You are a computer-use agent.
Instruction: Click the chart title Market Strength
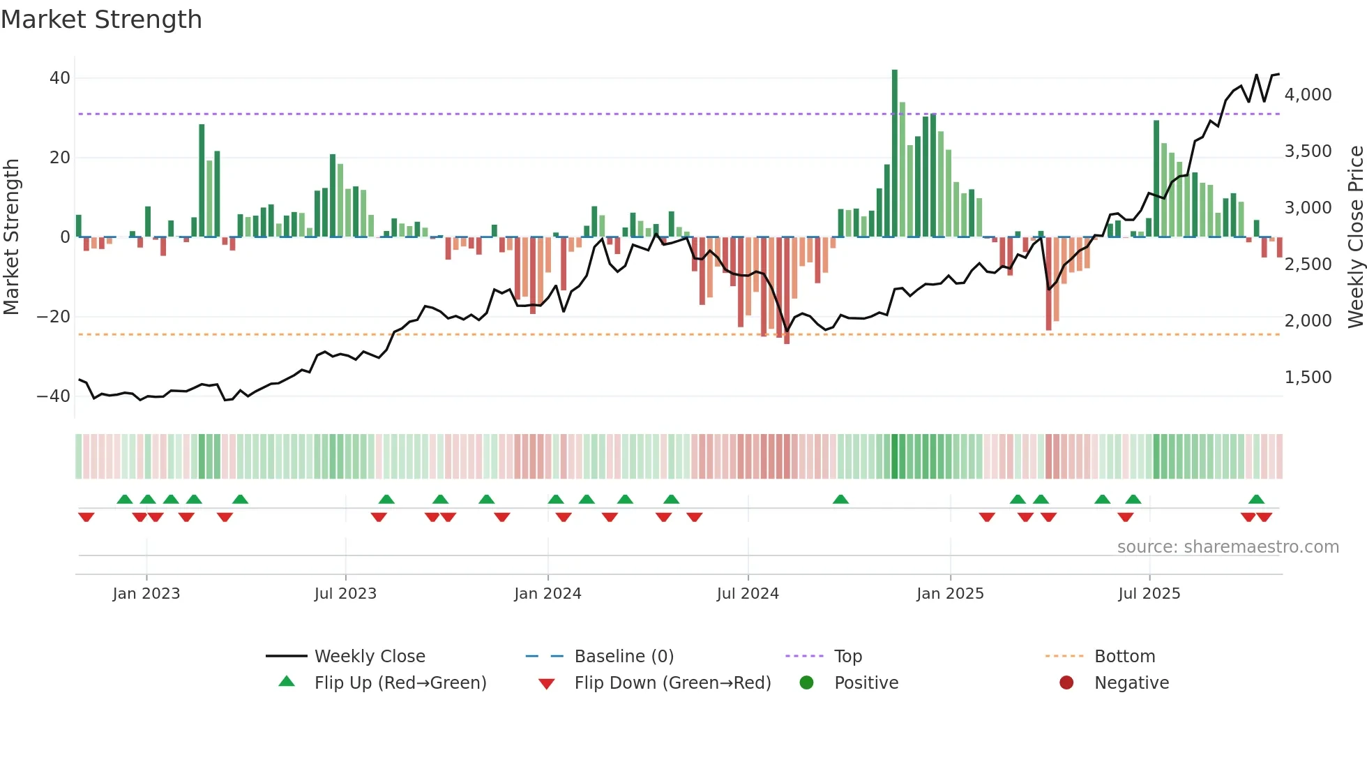(x=102, y=20)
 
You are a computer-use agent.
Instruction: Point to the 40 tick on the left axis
(x=60, y=78)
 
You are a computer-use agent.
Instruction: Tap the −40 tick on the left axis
(x=54, y=396)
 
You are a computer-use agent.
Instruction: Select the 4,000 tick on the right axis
(x=1308, y=95)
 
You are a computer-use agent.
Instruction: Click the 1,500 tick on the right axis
(x=1308, y=378)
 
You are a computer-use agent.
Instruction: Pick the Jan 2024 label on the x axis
(x=547, y=594)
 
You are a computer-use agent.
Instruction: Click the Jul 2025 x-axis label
(x=1149, y=594)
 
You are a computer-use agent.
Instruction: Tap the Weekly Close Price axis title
(x=1355, y=237)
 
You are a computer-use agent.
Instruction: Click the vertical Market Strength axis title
(x=12, y=237)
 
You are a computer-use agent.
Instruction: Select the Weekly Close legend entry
(x=369, y=657)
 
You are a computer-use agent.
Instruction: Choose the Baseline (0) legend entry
(x=624, y=657)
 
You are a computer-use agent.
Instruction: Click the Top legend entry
(x=847, y=657)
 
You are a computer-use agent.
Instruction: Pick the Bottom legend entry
(x=1124, y=657)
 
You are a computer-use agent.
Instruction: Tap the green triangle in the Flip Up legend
(x=287, y=682)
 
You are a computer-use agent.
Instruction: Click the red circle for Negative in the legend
(x=1066, y=682)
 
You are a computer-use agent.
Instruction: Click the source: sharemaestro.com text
(x=1228, y=547)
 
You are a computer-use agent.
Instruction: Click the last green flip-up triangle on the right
(x=1256, y=500)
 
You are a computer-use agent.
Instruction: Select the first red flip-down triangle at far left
(x=86, y=517)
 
